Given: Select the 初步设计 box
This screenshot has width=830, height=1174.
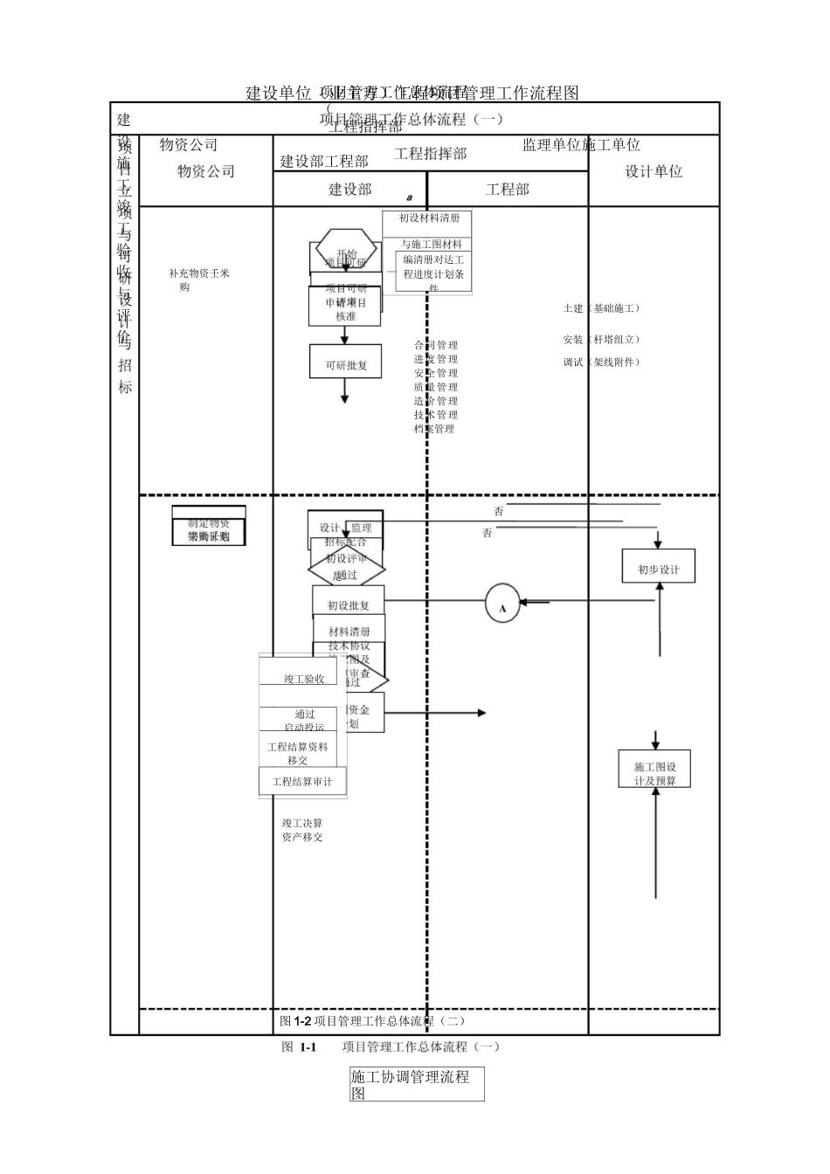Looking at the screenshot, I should click(658, 569).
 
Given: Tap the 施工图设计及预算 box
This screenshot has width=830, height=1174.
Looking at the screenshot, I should click(654, 772).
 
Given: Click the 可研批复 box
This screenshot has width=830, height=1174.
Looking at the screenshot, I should click(345, 365).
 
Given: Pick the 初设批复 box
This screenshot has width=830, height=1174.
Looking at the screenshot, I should click(348, 604).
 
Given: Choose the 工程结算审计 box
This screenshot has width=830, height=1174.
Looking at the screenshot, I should click(302, 781).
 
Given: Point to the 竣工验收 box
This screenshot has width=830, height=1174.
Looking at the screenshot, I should click(303, 679).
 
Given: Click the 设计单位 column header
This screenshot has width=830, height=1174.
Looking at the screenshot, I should click(654, 171).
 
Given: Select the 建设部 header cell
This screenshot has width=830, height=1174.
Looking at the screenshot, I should click(349, 189).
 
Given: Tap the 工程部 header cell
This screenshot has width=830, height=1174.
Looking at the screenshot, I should click(507, 189).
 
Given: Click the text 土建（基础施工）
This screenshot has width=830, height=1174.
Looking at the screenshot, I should click(603, 308).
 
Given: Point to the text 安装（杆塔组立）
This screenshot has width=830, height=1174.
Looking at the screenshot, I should click(603, 339).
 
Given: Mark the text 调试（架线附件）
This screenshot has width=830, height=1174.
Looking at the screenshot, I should click(603, 362).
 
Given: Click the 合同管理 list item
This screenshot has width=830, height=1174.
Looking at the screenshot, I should click(436, 345).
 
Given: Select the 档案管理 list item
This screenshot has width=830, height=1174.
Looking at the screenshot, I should click(434, 429).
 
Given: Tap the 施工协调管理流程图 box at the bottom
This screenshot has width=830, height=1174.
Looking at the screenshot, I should click(417, 1084).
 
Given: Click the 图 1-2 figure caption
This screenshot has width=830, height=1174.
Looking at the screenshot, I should click(372, 1020).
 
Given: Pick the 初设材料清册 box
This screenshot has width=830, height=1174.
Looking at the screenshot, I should click(428, 218).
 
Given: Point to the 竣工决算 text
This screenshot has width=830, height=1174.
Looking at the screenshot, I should click(302, 823).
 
